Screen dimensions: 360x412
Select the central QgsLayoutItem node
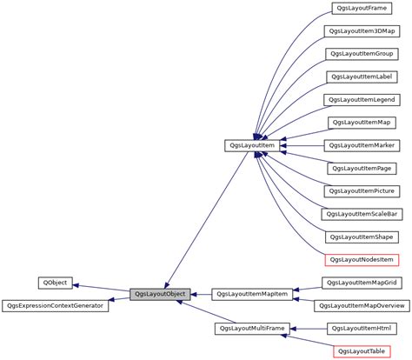[x=251, y=145]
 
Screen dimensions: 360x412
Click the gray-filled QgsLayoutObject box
[x=161, y=295]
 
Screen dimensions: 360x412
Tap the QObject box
[x=55, y=283]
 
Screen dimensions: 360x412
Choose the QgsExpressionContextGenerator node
[x=55, y=306]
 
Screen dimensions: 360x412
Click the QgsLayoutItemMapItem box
[x=251, y=295]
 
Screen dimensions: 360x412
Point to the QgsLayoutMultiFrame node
[x=251, y=328]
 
